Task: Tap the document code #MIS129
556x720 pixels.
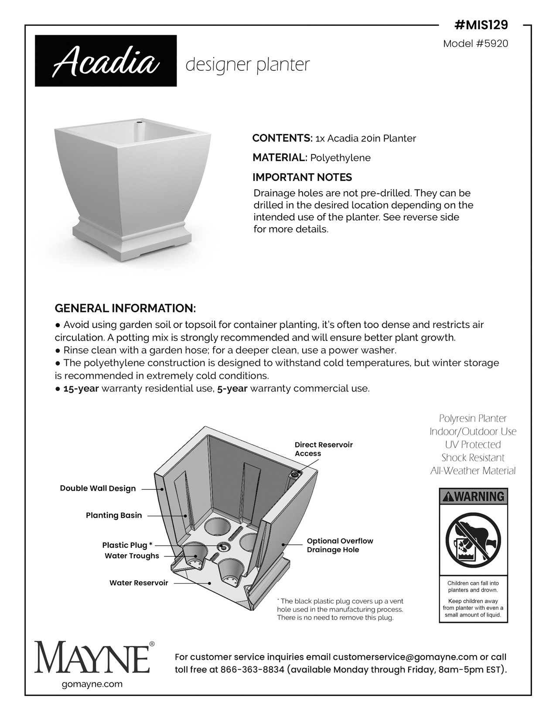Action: click(481, 25)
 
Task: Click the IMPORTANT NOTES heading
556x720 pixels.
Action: click(302, 177)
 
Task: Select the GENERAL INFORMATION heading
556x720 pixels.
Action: click(125, 308)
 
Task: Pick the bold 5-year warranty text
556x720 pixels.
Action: click(232, 388)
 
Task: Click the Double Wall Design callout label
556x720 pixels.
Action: click(98, 488)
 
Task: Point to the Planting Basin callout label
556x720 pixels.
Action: click(114, 515)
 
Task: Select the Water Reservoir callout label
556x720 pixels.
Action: click(139, 583)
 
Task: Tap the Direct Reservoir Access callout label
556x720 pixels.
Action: click(324, 449)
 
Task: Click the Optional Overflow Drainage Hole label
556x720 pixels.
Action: click(340, 545)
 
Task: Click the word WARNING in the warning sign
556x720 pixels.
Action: click(478, 496)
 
